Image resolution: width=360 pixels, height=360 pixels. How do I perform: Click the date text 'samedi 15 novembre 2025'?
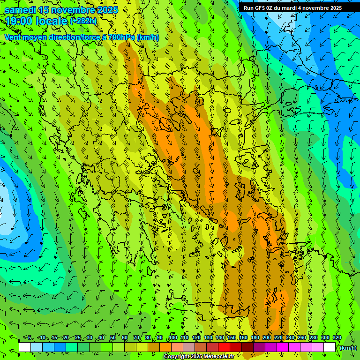tap(61, 10)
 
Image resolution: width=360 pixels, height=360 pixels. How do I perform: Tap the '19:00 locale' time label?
tap(36, 21)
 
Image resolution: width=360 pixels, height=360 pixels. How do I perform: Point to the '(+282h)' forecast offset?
tap(83, 21)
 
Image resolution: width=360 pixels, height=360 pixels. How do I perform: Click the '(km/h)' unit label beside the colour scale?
tap(348, 347)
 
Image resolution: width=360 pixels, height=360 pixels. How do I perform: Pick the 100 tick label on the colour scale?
tap(173, 338)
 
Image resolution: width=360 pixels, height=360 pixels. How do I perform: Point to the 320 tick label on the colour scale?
tap(337, 338)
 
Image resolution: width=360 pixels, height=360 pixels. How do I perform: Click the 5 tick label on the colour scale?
tap(30, 338)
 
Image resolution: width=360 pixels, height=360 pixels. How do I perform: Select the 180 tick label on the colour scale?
tap(255, 338)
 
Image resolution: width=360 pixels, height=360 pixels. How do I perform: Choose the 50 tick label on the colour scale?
tap(113, 338)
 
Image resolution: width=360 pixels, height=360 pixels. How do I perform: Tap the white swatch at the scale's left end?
tap(25, 347)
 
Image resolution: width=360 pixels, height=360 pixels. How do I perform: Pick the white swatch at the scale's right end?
tap(330, 347)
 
